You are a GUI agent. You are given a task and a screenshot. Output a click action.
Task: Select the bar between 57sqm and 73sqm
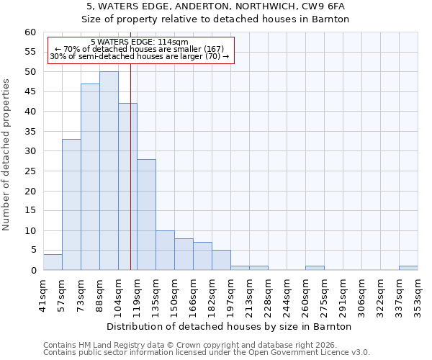[x=71, y=204]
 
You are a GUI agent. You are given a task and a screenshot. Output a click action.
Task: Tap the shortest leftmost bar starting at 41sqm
[x=53, y=262]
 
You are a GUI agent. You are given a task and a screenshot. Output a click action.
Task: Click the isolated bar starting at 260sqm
[x=315, y=268]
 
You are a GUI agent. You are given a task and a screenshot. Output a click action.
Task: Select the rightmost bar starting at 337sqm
[x=408, y=268]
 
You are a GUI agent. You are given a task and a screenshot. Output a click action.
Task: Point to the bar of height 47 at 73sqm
[x=90, y=176]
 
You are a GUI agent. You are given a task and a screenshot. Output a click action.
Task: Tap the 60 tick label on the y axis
[x=30, y=32]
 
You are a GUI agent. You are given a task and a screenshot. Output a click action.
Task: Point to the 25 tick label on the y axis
[x=30, y=171]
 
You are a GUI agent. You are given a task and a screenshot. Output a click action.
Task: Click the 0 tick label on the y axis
[x=33, y=271]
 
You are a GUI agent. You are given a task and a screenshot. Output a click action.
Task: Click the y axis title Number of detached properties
[x=7, y=155]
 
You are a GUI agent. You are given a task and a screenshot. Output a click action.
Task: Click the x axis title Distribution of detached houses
[x=230, y=326]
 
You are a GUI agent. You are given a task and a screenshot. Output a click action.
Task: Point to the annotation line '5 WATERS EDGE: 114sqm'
[x=140, y=42]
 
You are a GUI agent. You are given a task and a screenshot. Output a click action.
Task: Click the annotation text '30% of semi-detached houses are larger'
[x=140, y=56]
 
